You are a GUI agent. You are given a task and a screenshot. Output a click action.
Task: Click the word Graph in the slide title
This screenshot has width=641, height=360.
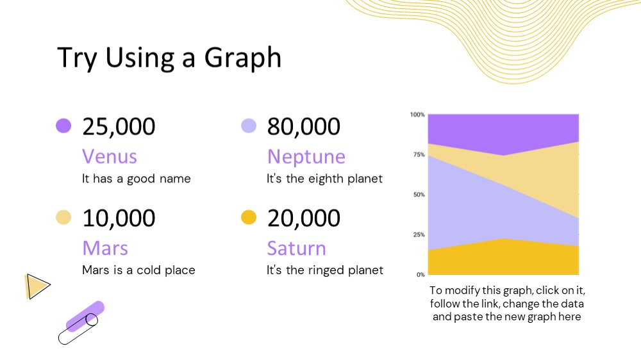point(243,58)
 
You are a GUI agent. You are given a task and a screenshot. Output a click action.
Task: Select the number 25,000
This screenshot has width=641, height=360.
point(119,126)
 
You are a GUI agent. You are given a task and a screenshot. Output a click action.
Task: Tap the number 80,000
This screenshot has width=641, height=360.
point(303,126)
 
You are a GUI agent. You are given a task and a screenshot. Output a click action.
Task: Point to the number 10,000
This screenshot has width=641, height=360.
point(119,218)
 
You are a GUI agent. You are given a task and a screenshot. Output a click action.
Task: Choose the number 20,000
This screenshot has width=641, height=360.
point(303,218)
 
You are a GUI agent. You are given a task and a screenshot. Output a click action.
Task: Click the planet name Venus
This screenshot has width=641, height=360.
point(110,156)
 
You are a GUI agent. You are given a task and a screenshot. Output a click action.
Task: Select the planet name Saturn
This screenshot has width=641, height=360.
point(296,248)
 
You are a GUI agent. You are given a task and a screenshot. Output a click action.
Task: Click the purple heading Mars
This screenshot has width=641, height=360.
point(105,248)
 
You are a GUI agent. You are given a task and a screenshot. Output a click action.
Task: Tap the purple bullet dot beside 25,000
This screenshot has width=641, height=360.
point(63,126)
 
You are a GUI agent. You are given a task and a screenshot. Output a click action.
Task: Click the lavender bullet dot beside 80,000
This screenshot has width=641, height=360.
point(249,126)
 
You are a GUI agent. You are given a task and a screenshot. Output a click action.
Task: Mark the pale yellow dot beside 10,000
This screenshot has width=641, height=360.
point(63,217)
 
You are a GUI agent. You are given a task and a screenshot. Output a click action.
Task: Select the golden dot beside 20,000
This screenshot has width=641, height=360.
point(249,217)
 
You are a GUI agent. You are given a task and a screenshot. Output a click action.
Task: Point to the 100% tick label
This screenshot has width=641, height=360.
point(417,115)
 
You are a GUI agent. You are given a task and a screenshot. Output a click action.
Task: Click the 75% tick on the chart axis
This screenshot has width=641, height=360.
point(419,154)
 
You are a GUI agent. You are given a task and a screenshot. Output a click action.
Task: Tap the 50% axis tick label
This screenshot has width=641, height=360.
point(419,195)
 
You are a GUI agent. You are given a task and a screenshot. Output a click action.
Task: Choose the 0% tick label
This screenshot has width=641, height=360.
point(420,275)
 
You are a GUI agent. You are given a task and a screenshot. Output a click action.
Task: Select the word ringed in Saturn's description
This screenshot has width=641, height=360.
point(326,270)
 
